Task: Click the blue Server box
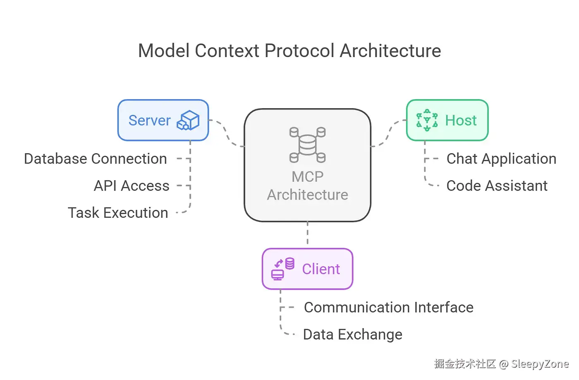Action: click(x=163, y=120)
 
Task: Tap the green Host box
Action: click(x=447, y=120)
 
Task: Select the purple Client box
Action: click(x=307, y=269)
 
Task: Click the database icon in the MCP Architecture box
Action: click(x=307, y=145)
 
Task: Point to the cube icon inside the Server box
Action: click(x=188, y=120)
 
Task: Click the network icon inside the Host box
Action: click(x=427, y=120)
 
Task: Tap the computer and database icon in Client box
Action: click(x=282, y=269)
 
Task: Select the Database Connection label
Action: click(x=95, y=159)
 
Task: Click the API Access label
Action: click(x=132, y=186)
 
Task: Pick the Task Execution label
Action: click(x=118, y=213)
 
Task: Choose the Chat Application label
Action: click(x=501, y=159)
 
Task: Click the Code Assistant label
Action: click(x=497, y=186)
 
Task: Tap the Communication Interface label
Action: click(x=388, y=307)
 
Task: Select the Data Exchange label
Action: click(x=352, y=335)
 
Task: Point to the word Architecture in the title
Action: click(x=390, y=51)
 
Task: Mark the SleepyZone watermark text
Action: click(x=540, y=364)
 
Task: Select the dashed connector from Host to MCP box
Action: click(x=388, y=133)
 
